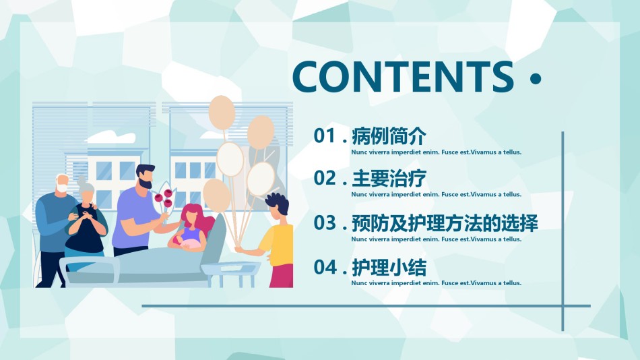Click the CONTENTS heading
pos(403,76)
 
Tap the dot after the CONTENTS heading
pos(536,78)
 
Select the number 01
pos(324,136)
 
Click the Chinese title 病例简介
pos(389,136)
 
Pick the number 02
pos(324,178)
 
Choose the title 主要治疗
pos(389,179)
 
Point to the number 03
pos(324,222)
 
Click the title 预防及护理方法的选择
pos(445,223)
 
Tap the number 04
pos(324,267)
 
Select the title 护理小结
pos(389,268)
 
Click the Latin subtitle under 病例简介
pos(437,152)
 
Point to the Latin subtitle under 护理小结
pos(437,282)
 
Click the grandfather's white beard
pos(61,188)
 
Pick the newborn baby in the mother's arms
pos(190,243)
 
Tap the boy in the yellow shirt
pos(274,240)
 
